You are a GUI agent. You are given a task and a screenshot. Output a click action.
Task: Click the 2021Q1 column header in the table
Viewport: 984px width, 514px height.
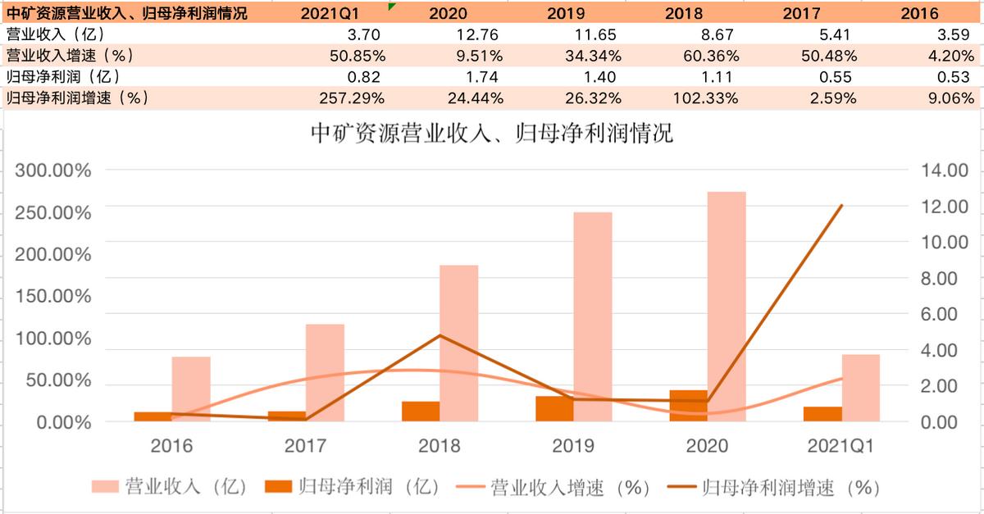[x=335, y=13]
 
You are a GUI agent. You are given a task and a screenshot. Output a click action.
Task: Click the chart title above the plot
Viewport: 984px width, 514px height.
[x=492, y=134]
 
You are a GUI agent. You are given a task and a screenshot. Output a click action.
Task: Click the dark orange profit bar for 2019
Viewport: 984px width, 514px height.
[x=554, y=409]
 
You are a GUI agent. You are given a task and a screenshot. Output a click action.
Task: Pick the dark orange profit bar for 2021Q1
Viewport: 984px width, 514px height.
[x=822, y=414]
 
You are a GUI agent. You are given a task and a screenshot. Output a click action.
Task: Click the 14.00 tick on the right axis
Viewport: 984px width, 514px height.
[x=945, y=171]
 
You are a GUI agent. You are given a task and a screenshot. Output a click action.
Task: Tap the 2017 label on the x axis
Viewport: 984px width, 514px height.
[x=305, y=446]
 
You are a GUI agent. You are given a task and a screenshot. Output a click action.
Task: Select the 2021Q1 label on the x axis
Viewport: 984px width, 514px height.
[x=840, y=446]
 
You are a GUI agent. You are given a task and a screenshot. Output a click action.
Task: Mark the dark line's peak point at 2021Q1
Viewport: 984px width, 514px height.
[x=841, y=206]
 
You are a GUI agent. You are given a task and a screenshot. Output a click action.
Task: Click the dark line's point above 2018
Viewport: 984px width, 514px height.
[x=440, y=335]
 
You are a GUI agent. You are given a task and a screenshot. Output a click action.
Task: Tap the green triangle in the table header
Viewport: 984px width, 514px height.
[x=393, y=7]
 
